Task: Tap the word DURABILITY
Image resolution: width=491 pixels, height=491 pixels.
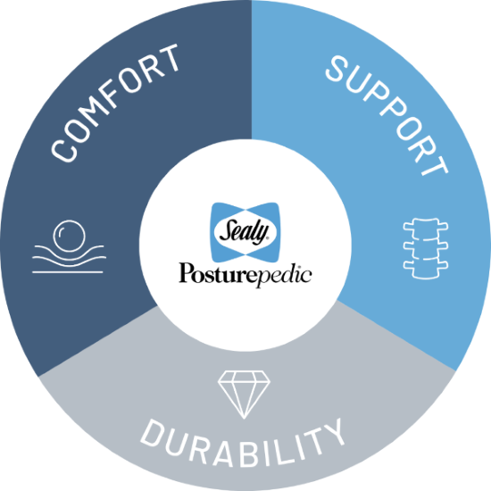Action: point(243,444)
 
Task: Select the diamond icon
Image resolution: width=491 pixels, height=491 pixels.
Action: point(244,395)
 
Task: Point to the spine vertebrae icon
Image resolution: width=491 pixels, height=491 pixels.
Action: point(425,248)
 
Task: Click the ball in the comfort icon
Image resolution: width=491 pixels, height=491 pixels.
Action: point(69,236)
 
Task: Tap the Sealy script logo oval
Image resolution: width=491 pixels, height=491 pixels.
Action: point(245,232)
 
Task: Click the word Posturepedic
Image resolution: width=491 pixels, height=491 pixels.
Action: point(245,274)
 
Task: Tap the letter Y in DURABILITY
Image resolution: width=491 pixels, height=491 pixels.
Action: point(336,431)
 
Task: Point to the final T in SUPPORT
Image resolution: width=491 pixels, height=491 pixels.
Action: point(436,162)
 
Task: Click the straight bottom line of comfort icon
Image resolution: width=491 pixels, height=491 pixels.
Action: point(68,272)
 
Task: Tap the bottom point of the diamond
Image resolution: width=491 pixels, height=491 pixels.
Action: point(244,419)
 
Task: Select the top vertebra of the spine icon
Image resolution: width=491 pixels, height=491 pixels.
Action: point(425,227)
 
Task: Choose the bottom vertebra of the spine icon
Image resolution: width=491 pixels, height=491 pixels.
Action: point(425,270)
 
